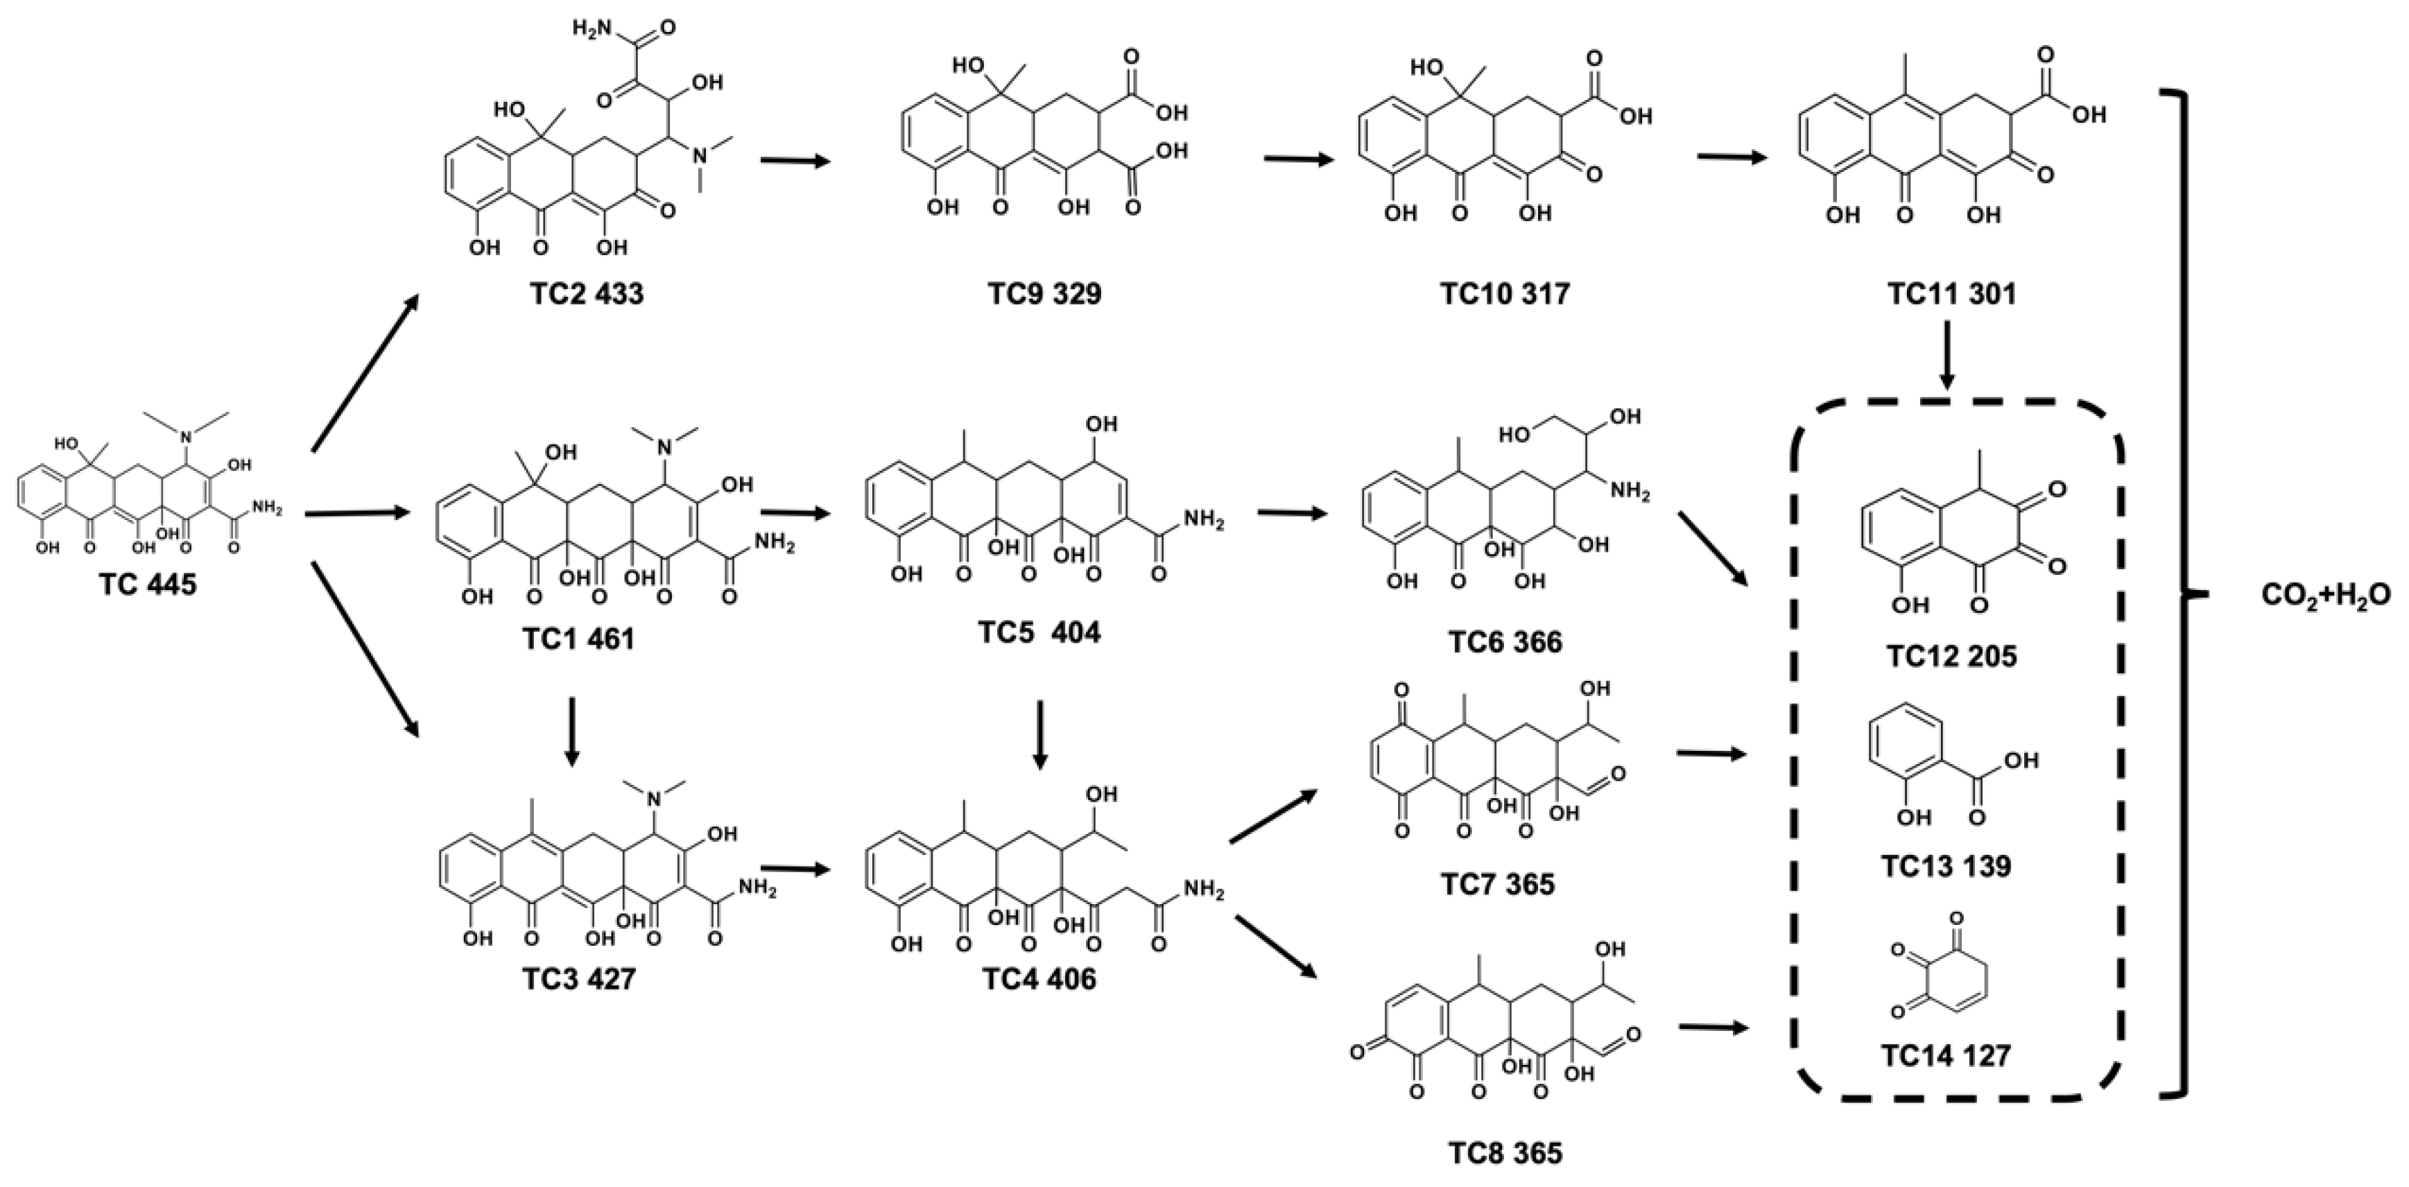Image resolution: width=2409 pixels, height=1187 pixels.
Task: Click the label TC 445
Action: pyautogui.click(x=148, y=586)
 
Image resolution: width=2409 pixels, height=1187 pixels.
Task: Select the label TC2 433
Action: pyautogui.click(x=587, y=294)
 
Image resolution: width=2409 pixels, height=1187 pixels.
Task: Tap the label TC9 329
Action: pyautogui.click(x=1044, y=294)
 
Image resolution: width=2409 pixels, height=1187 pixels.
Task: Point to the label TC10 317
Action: pyautogui.click(x=1505, y=294)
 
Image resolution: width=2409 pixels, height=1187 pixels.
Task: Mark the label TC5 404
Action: pyautogui.click(x=1039, y=632)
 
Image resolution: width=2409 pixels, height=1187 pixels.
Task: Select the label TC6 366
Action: pyautogui.click(x=1505, y=643)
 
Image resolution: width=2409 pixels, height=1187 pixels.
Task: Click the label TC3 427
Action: pyautogui.click(x=579, y=980)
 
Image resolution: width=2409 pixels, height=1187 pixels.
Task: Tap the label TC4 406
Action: pyautogui.click(x=1039, y=980)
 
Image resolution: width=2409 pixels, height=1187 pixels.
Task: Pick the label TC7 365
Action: pyautogui.click(x=1497, y=884)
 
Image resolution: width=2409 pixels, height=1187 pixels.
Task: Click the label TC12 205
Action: pyautogui.click(x=1951, y=657)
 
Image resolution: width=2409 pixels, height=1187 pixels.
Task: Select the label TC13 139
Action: pyautogui.click(x=1945, y=866)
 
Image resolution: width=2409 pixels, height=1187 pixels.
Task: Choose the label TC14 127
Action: pyautogui.click(x=1945, y=1056)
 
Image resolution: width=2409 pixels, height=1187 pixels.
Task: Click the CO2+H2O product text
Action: pyautogui.click(x=2325, y=595)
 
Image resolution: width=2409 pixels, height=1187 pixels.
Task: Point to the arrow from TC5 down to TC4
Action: pyautogui.click(x=1039, y=735)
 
